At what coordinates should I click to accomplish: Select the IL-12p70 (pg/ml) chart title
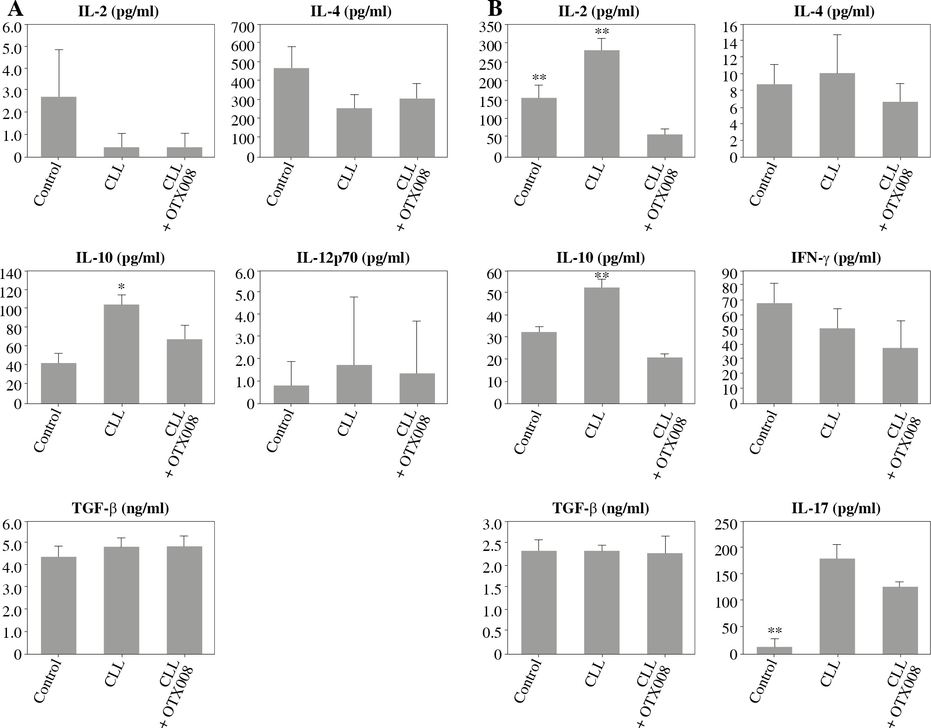coord(353,258)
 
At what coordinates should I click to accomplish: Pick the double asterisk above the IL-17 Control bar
coord(775,631)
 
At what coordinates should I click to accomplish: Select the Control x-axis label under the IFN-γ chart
coord(763,432)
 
